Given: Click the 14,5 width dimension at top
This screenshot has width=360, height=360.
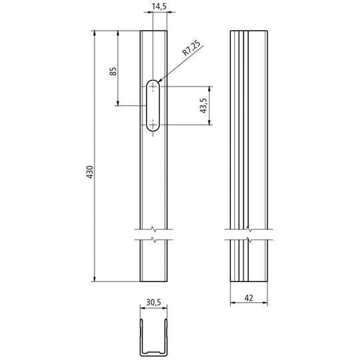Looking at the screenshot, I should coord(159,7).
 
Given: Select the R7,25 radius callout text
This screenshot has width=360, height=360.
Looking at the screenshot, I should coord(191,51).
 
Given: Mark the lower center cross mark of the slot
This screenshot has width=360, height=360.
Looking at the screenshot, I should coord(154,124).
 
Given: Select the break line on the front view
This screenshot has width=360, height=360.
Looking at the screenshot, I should coord(154,234).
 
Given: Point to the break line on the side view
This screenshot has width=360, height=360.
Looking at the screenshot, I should coord(250,234).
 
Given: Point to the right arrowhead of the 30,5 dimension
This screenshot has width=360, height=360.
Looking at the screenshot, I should coord(164,308).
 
